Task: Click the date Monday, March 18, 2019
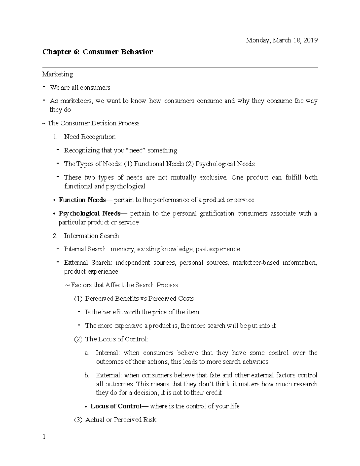(x=281, y=41)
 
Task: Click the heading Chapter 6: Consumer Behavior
(x=97, y=52)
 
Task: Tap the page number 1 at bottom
(x=44, y=437)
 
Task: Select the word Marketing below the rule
(x=57, y=74)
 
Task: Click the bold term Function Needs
(x=82, y=200)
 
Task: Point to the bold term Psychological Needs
(x=90, y=214)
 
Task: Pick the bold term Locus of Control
(x=115, y=406)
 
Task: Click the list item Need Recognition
(x=90, y=137)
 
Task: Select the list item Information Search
(x=91, y=236)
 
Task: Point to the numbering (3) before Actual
(x=78, y=420)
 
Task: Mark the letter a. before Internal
(x=87, y=353)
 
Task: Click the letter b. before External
(x=87, y=375)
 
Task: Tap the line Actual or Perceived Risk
(x=121, y=420)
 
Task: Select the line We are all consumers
(x=80, y=88)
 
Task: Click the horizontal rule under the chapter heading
(x=180, y=68)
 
